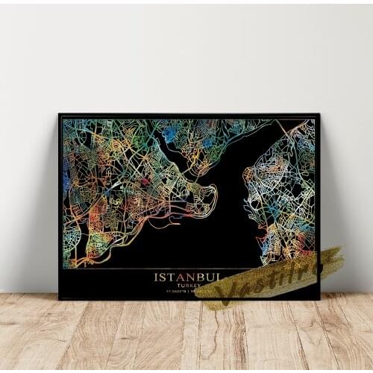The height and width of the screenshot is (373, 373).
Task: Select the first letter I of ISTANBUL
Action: point(156,277)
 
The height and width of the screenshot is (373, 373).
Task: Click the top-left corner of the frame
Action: point(60,115)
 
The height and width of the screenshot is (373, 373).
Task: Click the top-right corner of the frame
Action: point(319,115)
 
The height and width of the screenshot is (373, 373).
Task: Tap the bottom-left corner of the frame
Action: point(60,298)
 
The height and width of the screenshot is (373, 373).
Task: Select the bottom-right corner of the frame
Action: point(319,298)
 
